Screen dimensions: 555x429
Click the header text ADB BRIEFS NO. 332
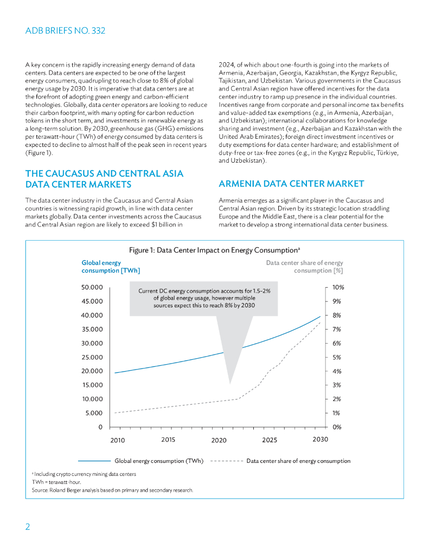point(65,31)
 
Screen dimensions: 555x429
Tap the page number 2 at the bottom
point(28,527)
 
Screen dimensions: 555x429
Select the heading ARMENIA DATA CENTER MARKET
point(291,184)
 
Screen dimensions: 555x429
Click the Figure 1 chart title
point(214,250)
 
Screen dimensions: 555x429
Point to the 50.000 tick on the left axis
point(92,287)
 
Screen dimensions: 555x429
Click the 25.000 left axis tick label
point(92,357)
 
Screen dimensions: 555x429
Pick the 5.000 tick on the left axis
point(94,413)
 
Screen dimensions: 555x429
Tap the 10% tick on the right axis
point(338,287)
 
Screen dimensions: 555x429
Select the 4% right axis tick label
point(337,371)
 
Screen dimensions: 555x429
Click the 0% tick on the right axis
point(337,427)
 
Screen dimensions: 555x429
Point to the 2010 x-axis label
point(118,440)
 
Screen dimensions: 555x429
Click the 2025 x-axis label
point(270,440)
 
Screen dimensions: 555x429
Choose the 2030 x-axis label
point(320,440)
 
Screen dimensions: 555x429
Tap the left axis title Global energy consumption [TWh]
point(111,267)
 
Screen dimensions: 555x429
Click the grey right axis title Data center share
point(304,267)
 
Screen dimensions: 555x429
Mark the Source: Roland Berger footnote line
point(112,491)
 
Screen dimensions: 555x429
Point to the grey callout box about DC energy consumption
point(204,298)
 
